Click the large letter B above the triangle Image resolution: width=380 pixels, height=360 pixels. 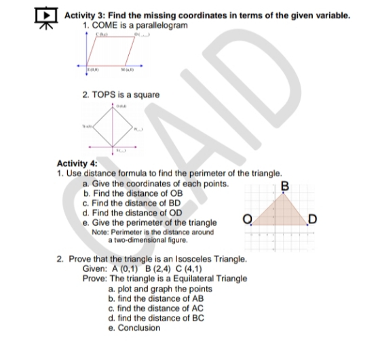[284, 185]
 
